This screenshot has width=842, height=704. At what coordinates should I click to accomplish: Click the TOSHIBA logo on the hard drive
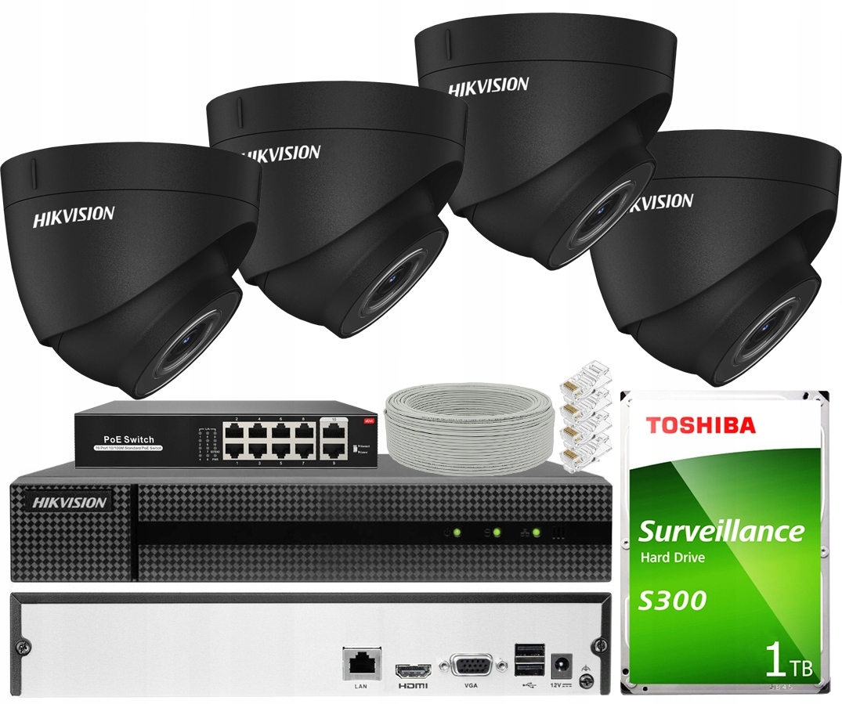tap(700, 425)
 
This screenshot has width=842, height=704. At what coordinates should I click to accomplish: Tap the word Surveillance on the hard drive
tap(721, 531)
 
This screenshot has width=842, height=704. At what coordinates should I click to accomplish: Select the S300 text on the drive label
tap(672, 600)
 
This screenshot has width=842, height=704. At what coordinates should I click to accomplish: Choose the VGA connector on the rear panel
tap(470, 667)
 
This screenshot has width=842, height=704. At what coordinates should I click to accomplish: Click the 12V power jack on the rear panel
tap(561, 666)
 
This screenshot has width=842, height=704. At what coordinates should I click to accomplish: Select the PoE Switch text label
tap(129, 439)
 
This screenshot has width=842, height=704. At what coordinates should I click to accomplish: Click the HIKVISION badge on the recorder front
tap(70, 502)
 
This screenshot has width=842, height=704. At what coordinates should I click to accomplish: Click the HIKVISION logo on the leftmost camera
tap(74, 216)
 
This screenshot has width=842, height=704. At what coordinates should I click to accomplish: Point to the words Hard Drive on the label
tap(673, 558)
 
